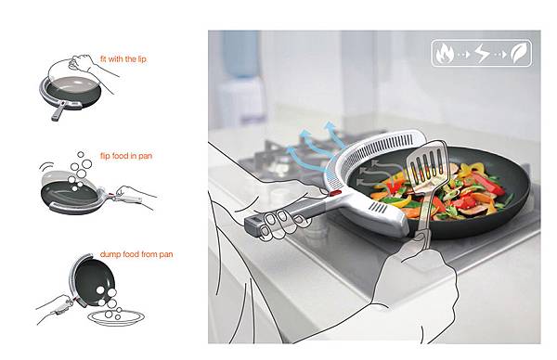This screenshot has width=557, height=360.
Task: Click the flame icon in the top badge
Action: point(445,53)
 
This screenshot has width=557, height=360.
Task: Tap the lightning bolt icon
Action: point(482,54)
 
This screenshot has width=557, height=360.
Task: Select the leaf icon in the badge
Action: point(519,54)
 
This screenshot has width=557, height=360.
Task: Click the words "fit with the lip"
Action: point(123,59)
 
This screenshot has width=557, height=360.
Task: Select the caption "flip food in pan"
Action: point(126,156)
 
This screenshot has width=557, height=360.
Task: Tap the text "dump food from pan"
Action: point(136,254)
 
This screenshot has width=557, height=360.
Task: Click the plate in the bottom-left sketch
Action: point(116,317)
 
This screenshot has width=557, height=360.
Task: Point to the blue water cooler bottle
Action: point(240,54)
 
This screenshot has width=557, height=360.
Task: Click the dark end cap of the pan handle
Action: point(253,225)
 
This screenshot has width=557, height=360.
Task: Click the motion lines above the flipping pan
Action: point(45,167)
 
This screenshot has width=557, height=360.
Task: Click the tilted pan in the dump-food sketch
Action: point(94,280)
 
